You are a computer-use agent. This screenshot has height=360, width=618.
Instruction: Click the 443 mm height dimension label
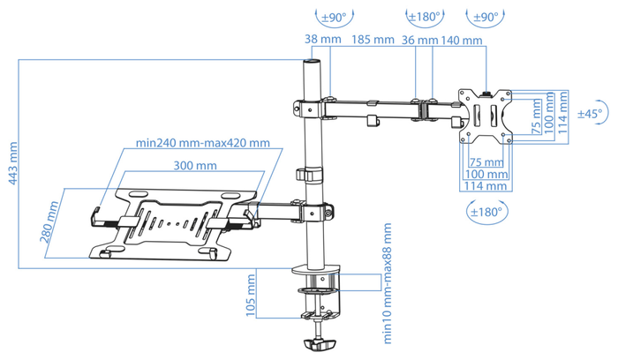[x=13, y=163]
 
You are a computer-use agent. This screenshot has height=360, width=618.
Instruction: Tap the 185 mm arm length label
[x=373, y=40]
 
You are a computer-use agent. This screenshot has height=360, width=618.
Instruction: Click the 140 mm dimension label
[x=462, y=41]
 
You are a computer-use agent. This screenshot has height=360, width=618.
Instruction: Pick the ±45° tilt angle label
[x=590, y=114]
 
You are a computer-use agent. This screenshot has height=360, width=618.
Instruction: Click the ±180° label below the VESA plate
[x=486, y=213]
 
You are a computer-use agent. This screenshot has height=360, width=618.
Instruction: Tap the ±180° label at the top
[x=424, y=17]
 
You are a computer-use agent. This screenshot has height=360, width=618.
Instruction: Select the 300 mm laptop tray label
[x=195, y=165]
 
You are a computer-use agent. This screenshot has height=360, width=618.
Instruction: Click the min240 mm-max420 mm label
[x=203, y=143]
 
